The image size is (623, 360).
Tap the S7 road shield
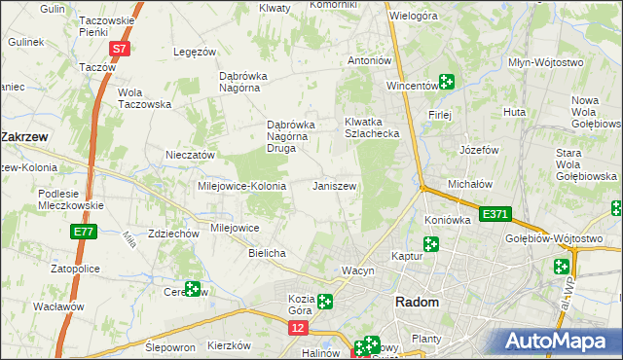coord(118,48)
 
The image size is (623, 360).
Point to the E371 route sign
coord(495,214)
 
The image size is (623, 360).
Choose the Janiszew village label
coord(334,186)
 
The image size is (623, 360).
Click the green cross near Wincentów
coord(446,83)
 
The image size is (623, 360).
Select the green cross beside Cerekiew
coord(193,289)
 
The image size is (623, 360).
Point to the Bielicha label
coord(267,253)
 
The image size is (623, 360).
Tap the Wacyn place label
coord(357,270)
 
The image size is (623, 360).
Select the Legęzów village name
coord(193,52)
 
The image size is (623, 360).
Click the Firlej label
coord(439,114)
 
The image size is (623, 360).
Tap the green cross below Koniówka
coord(431,244)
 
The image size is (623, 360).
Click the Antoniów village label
coord(370,60)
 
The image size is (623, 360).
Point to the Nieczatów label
coord(190,155)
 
